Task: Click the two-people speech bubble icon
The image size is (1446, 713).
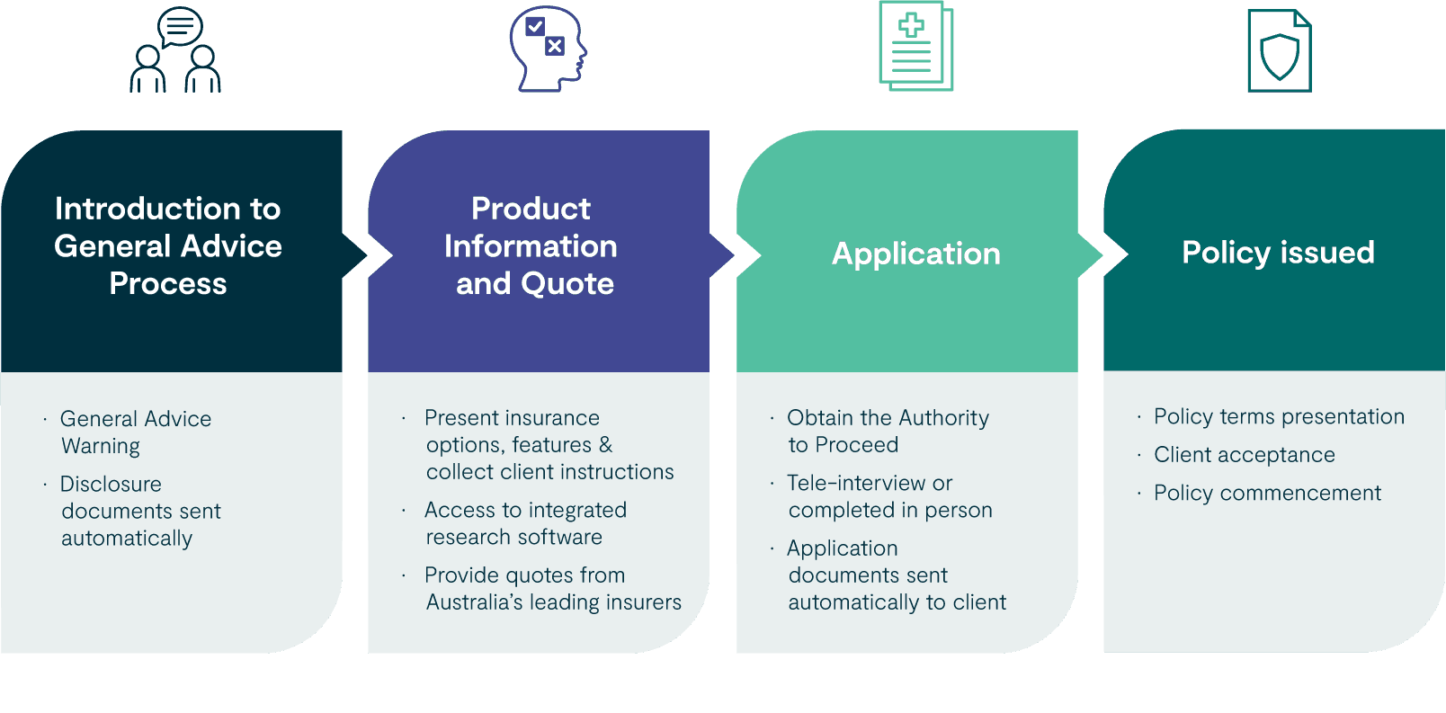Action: point(176,51)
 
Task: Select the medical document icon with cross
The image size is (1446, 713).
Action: point(915,47)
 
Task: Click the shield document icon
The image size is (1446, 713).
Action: point(1279,52)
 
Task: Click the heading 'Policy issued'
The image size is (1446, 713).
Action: point(1278,253)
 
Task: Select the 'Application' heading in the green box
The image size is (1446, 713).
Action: point(915,254)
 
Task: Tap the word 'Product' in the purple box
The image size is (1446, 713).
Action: point(531,209)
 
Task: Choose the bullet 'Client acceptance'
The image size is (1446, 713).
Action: point(1244,455)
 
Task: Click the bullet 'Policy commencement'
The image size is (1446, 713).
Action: point(1267,493)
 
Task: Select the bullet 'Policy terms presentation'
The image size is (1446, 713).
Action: point(1279,416)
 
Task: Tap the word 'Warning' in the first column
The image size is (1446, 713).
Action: point(101,446)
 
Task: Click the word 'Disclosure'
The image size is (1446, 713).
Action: point(111,484)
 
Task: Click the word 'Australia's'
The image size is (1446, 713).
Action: point(474,602)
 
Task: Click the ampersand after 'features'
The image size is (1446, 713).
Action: point(605,445)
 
